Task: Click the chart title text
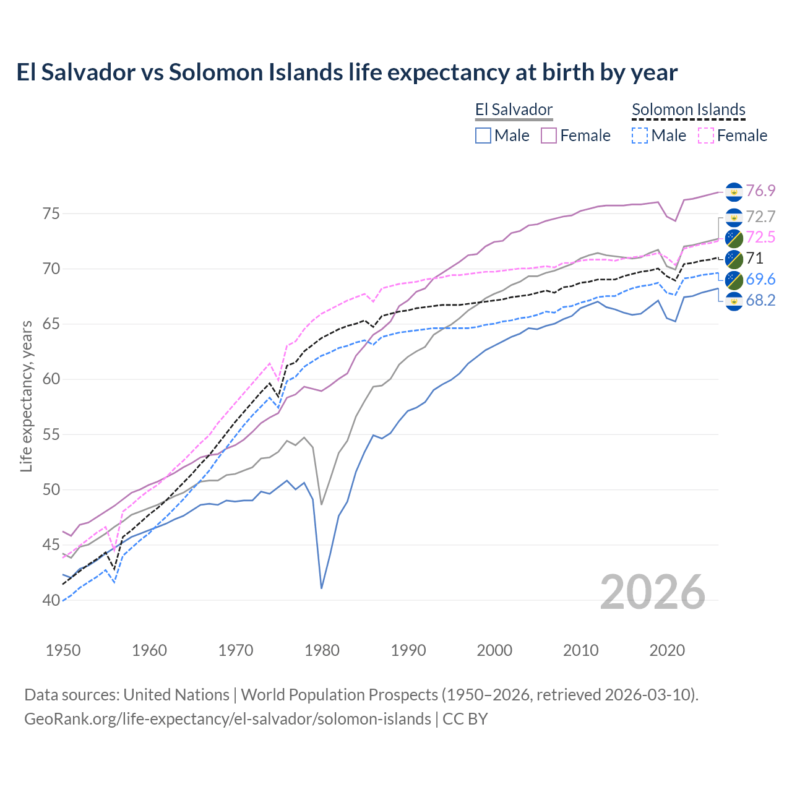point(346,72)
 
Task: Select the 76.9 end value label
point(760,191)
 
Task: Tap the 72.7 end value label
point(760,217)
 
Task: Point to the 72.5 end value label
point(760,237)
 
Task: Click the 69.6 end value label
point(760,279)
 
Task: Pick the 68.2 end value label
point(760,301)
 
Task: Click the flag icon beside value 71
point(734,259)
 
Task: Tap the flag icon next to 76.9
point(734,192)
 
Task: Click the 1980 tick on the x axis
point(322,650)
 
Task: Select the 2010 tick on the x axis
point(580,650)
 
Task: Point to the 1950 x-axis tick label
point(63,650)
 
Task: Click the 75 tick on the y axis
point(51,214)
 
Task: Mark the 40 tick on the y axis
point(51,600)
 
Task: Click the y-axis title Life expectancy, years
point(26,396)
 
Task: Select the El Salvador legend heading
point(514,110)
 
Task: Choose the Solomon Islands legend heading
point(688,110)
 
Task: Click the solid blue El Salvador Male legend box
point(483,136)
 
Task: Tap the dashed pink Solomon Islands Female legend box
point(706,136)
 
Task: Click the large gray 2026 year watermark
point(653,592)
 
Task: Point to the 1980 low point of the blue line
point(322,588)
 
